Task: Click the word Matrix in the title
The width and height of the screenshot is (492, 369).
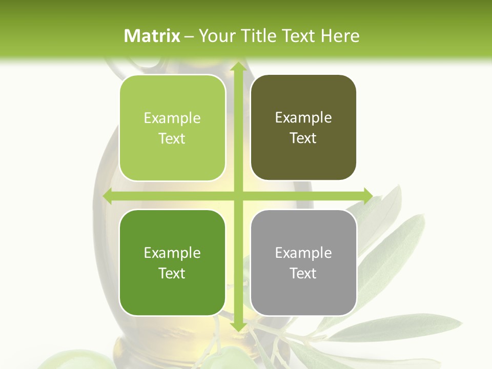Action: coord(152,35)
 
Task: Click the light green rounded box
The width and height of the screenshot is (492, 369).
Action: coord(172,128)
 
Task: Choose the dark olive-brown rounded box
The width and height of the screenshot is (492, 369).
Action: coord(303,128)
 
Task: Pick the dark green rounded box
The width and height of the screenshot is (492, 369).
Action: coord(172,262)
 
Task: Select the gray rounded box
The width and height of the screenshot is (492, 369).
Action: coord(303,262)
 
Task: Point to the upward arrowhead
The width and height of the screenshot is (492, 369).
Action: coord(238,67)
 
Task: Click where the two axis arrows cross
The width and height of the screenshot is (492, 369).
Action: coord(238,196)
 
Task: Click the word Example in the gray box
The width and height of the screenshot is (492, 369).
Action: coord(303,252)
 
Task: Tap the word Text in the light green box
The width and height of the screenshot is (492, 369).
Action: coord(172,138)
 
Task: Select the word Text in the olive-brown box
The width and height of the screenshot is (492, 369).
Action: coord(303,138)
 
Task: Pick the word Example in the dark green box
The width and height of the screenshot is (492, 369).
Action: coord(172,253)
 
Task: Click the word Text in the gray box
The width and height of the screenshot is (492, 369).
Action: coord(303,273)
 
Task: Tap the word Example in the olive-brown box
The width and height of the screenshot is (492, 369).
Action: coord(303,117)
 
